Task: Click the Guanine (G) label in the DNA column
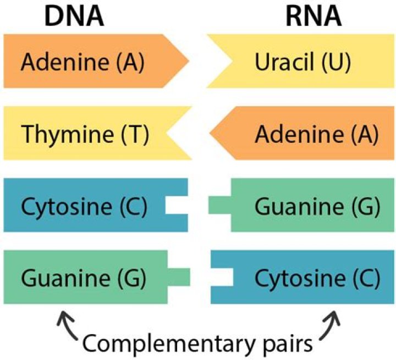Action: (83, 279)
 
